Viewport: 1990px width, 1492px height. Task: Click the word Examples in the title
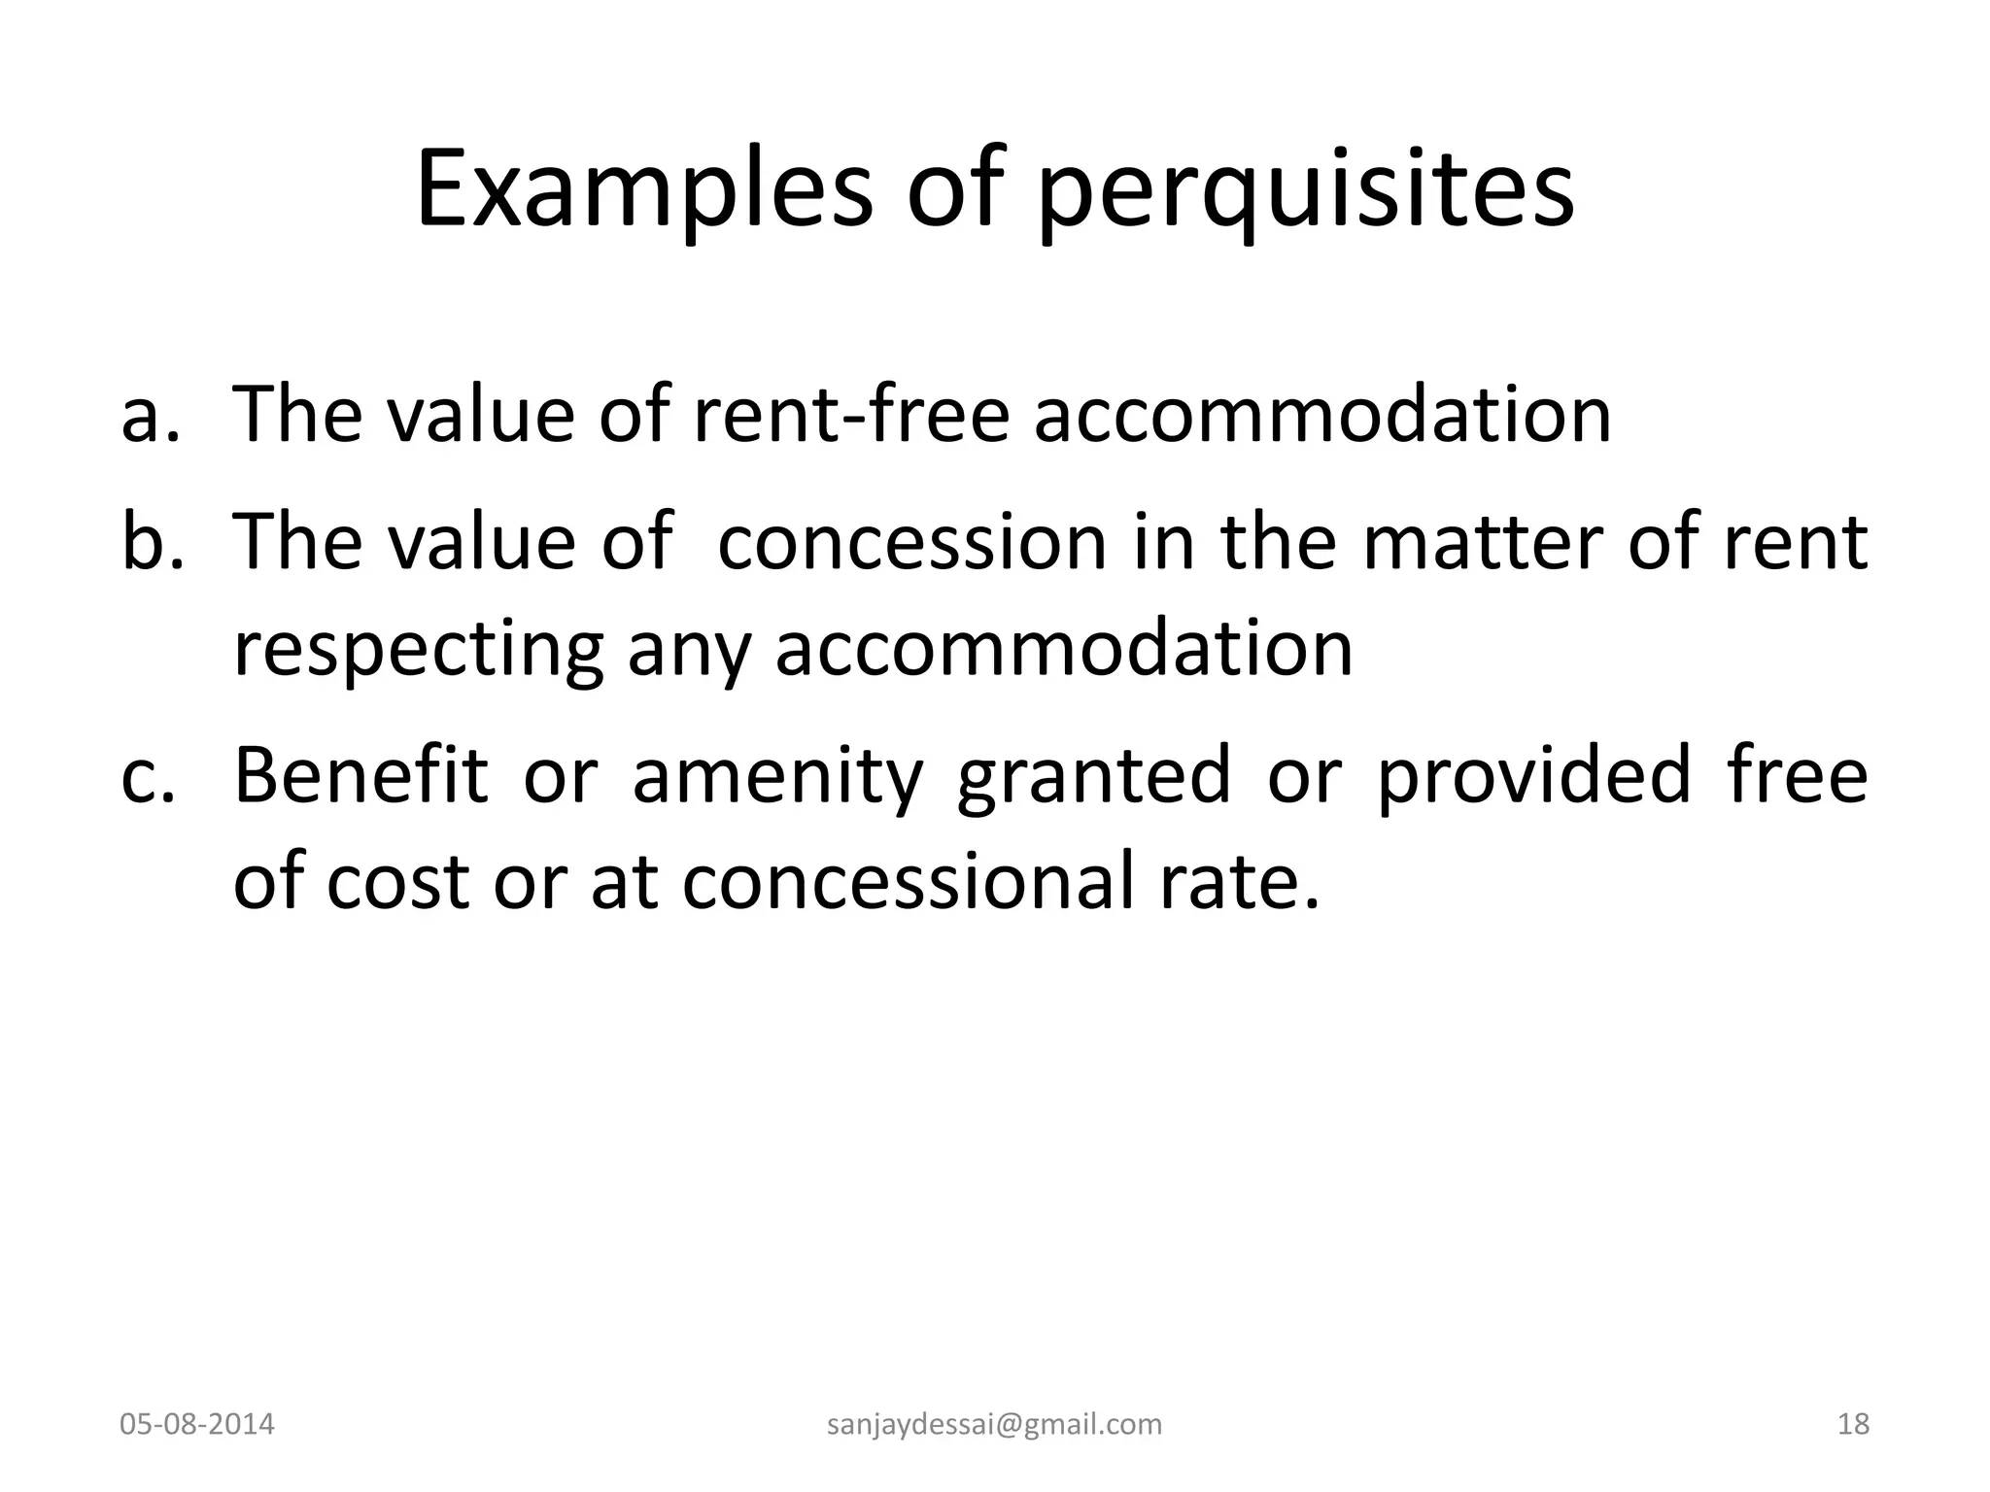tap(644, 189)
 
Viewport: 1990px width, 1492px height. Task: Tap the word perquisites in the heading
tap(1305, 194)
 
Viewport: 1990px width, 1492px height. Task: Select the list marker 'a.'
tap(151, 416)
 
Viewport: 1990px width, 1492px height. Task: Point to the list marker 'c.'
tap(149, 776)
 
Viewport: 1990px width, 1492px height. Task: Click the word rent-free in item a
tap(851, 416)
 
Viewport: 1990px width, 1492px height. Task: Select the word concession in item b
tap(912, 542)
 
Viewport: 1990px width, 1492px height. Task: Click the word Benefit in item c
tap(360, 776)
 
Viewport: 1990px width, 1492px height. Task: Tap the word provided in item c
tap(1534, 776)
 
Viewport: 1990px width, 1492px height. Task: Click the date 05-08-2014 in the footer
tap(197, 1425)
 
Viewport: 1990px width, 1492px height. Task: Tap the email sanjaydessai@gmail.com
tap(994, 1425)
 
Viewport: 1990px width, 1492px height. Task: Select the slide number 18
tap(1854, 1425)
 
